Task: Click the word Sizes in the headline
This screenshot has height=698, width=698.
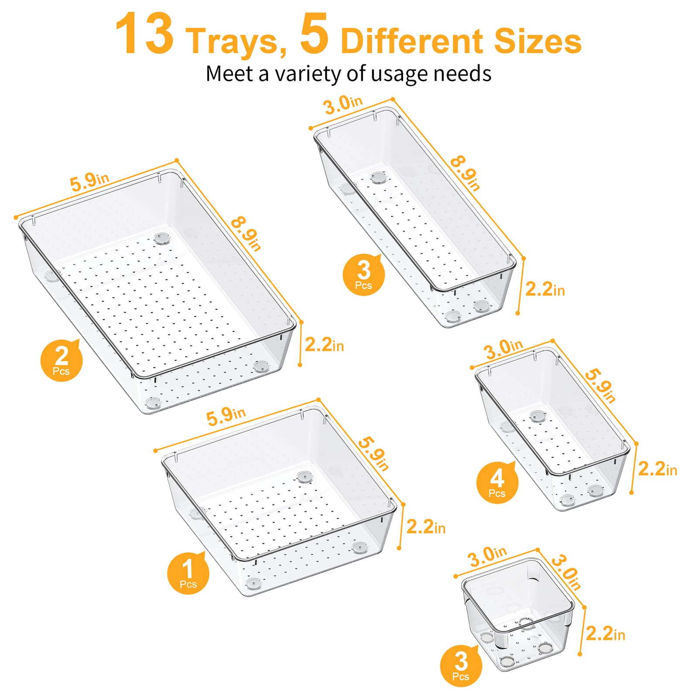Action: pos(537,41)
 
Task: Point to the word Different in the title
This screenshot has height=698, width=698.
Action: pos(411,41)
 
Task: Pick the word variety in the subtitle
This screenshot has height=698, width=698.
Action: pos(310,73)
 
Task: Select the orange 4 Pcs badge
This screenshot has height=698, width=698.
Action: pos(497,482)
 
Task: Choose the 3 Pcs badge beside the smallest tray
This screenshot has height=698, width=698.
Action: pos(461,664)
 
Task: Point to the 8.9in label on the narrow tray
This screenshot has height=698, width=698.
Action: pos(465,173)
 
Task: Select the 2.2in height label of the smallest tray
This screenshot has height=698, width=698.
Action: pos(605,633)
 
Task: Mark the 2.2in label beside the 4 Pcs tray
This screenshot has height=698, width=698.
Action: pos(657,469)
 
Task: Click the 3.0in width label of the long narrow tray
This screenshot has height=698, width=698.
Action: pos(343,104)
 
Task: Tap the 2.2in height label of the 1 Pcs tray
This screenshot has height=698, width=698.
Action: pos(426,527)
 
